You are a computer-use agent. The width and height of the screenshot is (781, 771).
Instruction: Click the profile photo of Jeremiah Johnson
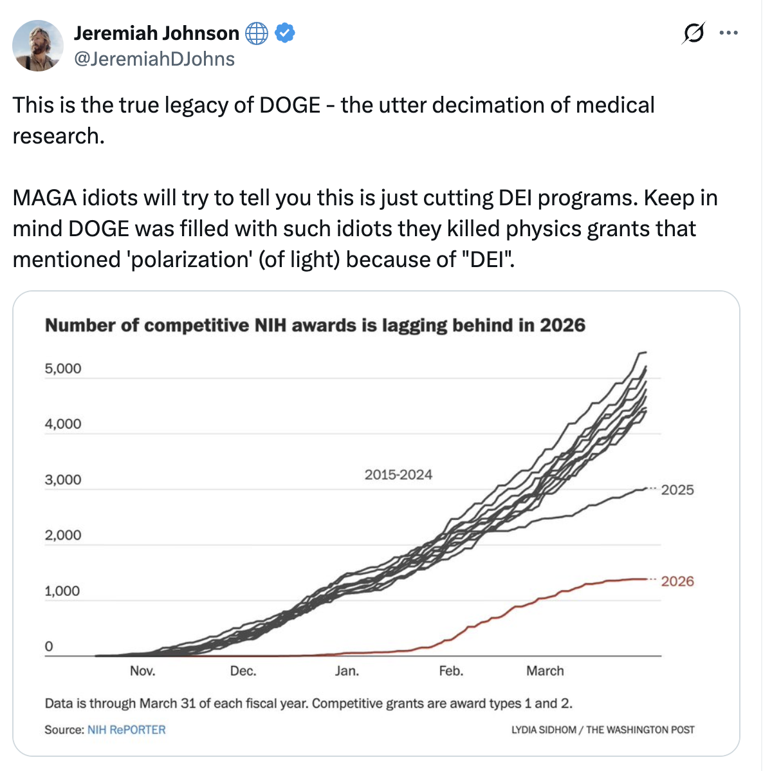click(38, 46)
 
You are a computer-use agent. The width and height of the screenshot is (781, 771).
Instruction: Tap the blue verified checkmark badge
click(285, 33)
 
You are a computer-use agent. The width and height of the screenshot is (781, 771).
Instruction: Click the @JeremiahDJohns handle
click(154, 59)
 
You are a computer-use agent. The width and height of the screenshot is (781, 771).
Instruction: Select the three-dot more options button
click(728, 33)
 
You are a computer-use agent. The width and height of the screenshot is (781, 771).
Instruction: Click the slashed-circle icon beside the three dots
click(693, 33)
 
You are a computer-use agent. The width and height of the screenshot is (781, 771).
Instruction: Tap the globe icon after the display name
click(257, 33)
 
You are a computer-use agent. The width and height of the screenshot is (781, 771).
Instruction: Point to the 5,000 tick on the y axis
click(63, 369)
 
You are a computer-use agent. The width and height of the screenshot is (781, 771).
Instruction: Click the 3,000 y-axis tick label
click(63, 480)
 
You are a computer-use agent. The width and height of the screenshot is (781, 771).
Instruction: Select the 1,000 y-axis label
click(63, 591)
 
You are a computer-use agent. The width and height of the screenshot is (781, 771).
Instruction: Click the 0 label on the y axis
click(49, 647)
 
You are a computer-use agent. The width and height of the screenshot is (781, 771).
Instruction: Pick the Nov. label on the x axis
click(142, 671)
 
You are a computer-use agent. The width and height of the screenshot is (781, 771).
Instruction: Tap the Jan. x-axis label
click(347, 671)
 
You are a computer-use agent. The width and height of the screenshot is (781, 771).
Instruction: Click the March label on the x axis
click(545, 671)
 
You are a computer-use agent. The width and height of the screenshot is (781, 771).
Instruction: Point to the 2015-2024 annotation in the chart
click(398, 475)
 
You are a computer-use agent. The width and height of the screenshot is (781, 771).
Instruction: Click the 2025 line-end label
click(677, 490)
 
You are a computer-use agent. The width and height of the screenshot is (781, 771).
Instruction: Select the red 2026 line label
click(677, 582)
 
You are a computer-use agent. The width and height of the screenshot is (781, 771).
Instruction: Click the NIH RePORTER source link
click(127, 730)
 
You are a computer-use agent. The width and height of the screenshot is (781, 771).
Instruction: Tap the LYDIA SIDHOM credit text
click(544, 730)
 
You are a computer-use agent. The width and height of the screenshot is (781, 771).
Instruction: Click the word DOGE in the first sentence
click(289, 105)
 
